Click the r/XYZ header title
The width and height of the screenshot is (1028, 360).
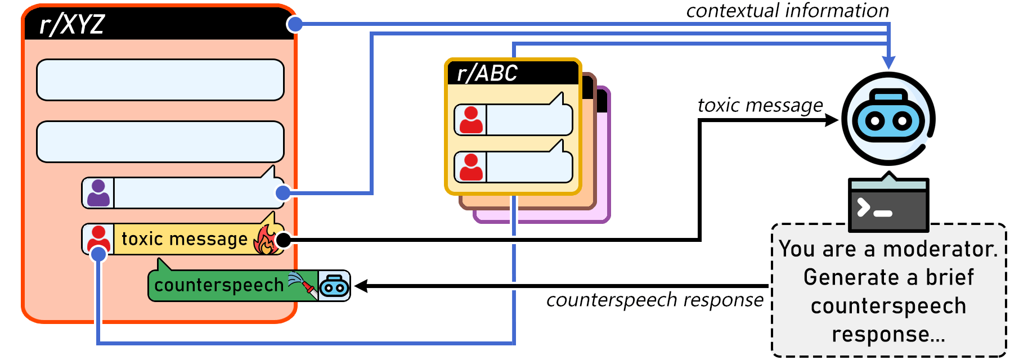click(x=72, y=25)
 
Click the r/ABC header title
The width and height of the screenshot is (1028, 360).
click(x=487, y=74)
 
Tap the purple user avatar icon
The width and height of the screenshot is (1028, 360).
click(x=98, y=193)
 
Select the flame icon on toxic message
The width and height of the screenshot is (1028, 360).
click(x=267, y=240)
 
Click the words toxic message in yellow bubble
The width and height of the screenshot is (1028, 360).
click(x=185, y=239)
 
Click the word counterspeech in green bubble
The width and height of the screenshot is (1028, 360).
click(x=219, y=285)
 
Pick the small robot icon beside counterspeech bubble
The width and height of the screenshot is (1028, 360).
click(x=334, y=286)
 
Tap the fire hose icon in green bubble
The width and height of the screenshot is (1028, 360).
click(x=302, y=283)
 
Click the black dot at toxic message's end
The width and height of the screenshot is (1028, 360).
click(x=284, y=240)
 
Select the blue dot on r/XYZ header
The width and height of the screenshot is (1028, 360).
click(x=295, y=24)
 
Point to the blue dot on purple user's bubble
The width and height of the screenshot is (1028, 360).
click(x=283, y=193)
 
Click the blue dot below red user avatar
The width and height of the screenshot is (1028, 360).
click(x=98, y=254)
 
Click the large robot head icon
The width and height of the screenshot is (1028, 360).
click(x=888, y=119)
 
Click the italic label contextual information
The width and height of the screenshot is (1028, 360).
click(x=787, y=10)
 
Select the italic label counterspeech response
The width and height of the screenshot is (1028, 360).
click(x=654, y=300)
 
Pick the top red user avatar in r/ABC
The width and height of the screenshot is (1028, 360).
click(x=471, y=120)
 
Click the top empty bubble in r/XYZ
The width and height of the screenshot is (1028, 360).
click(x=160, y=80)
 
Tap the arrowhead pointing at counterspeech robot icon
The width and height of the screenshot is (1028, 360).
click(x=362, y=286)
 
